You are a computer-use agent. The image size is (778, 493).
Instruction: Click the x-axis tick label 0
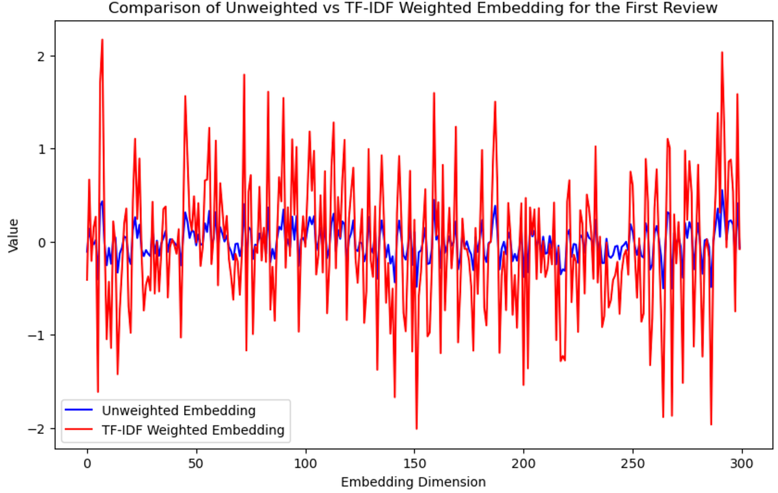point(87,464)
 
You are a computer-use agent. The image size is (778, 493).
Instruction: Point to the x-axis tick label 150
point(414,464)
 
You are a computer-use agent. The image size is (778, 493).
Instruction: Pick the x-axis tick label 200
point(523,464)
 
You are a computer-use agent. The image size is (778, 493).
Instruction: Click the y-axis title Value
point(13,235)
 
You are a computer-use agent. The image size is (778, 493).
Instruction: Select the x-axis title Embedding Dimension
point(414,483)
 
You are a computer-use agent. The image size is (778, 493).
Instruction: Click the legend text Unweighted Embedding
point(178,411)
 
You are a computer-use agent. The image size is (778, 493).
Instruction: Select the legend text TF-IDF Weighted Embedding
point(193,429)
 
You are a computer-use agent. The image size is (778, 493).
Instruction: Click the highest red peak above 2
point(102,40)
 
